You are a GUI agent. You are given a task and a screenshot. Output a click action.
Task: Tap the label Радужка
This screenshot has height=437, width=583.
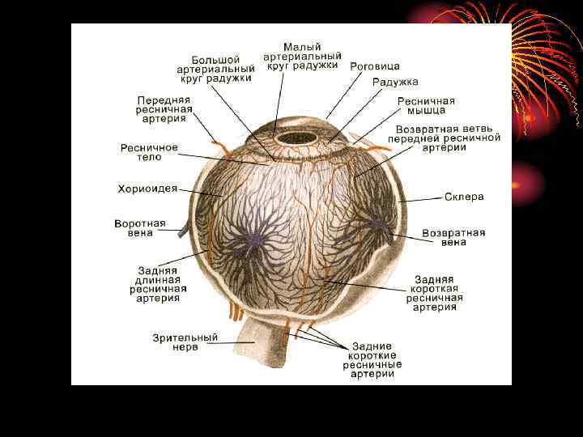[395, 82]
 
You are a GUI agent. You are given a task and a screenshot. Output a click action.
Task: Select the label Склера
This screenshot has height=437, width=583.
[464, 197]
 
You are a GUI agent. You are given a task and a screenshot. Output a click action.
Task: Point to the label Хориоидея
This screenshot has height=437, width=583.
[147, 189]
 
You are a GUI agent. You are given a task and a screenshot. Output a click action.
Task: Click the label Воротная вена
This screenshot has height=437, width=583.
[139, 228]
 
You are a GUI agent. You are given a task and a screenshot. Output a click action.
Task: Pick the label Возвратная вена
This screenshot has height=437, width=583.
[453, 237]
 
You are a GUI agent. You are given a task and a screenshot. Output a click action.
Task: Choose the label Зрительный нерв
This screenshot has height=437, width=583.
[185, 342]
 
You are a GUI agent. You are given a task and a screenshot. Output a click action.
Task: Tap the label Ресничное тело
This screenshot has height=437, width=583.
[149, 153]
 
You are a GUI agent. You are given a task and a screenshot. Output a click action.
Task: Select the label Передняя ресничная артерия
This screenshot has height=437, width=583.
[164, 108]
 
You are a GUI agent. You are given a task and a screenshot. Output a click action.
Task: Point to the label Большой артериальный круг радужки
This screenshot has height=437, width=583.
[215, 69]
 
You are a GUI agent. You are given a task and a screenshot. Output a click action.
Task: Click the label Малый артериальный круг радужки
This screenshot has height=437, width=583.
[302, 54]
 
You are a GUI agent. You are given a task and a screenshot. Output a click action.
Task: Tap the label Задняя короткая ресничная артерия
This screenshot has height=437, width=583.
[434, 293]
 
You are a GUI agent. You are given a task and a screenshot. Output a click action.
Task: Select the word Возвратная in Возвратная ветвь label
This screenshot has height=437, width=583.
[428, 129]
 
